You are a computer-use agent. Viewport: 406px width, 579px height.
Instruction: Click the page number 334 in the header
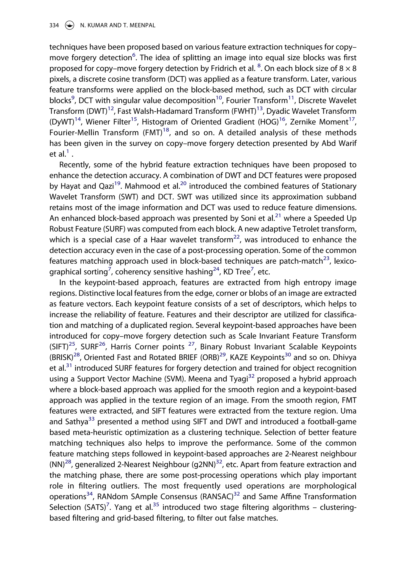[x=54, y=25]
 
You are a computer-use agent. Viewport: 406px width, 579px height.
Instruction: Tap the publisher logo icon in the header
[x=69, y=25]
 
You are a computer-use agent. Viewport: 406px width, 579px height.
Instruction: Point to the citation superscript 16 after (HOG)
[x=282, y=119]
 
